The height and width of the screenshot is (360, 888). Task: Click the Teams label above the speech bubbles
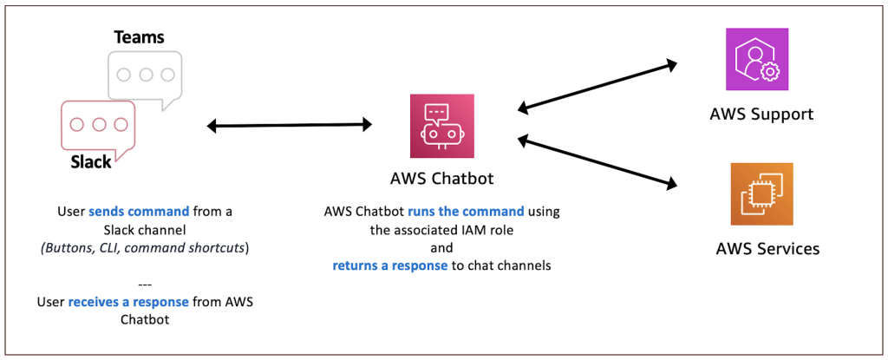point(140,37)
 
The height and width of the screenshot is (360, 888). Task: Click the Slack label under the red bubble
point(91,161)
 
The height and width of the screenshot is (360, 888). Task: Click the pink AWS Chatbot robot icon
point(443,127)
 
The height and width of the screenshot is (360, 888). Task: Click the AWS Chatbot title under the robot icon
point(443,180)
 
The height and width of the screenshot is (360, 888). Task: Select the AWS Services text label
point(767,249)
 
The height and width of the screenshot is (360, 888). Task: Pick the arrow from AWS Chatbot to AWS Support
point(597,85)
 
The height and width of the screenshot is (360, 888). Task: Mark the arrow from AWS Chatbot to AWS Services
point(597,161)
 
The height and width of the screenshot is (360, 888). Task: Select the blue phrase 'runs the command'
point(475,211)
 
